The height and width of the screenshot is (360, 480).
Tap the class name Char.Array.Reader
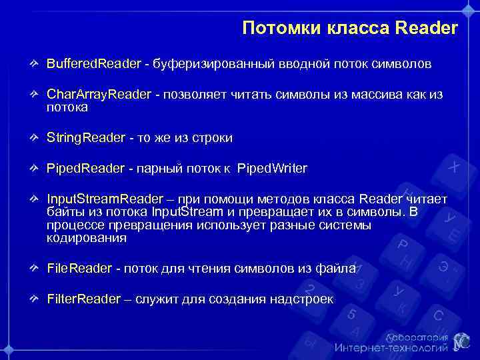click(99, 94)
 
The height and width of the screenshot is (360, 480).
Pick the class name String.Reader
click(85, 137)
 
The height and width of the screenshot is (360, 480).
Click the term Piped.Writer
click(272, 168)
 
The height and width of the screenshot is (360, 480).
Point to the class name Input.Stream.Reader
click(105, 199)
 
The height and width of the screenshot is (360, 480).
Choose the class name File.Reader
click(79, 268)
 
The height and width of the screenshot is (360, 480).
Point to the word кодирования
click(86, 238)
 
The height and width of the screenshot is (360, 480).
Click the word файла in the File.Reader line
click(339, 268)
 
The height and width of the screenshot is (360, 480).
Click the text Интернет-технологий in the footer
click(391, 347)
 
